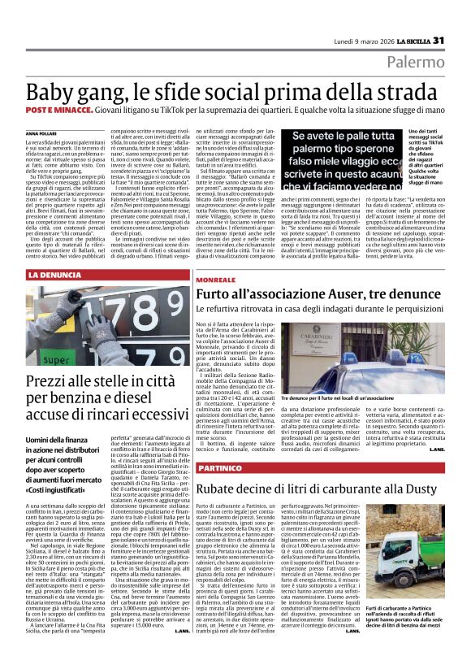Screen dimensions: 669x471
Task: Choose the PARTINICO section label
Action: coord(218,469)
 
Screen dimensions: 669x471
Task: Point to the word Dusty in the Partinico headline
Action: coord(417,489)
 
